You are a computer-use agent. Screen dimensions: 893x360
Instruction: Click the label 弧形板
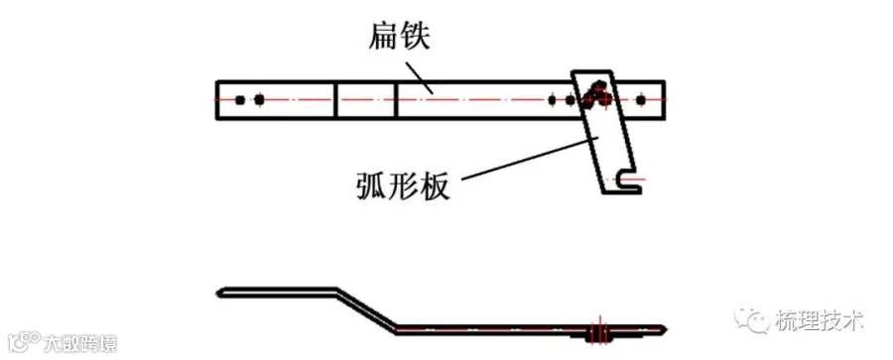coord(403,183)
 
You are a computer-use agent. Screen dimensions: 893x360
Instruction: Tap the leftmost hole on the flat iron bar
coord(240,100)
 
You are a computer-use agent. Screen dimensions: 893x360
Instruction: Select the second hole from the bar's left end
coord(259,100)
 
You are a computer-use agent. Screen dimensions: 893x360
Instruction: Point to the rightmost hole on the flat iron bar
coord(641,100)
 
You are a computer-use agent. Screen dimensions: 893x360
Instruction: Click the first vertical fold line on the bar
coord(336,100)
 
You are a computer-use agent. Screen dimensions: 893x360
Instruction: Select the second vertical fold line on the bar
coord(396,100)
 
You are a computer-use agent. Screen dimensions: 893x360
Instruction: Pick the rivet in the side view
coord(598,331)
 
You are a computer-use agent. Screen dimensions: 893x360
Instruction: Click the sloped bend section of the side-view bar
coord(365,309)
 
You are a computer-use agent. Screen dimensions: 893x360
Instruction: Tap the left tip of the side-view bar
coord(218,293)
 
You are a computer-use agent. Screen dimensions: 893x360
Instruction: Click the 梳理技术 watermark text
coord(820,320)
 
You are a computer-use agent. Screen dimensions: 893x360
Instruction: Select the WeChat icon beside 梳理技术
coord(752,320)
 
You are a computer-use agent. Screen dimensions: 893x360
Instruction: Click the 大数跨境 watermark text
coord(80,343)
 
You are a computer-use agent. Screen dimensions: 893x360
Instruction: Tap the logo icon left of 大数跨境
coord(24,342)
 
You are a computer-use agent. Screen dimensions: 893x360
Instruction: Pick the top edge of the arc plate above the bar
coord(591,71)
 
